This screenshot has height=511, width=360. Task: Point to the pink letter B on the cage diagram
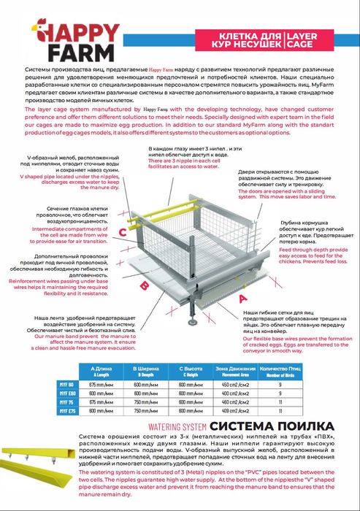(144, 285)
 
